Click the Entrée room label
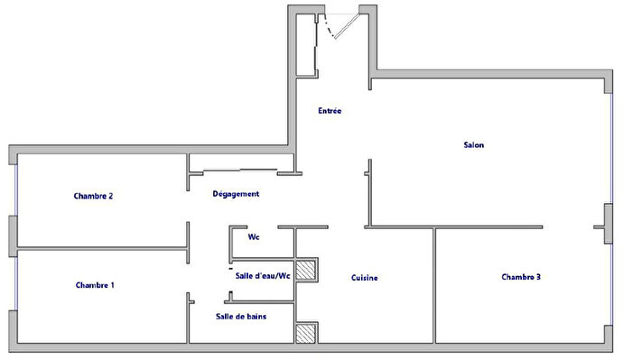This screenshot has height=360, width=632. [x=330, y=112]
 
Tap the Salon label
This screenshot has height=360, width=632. [x=474, y=144]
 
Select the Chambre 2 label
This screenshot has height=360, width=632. [x=94, y=196]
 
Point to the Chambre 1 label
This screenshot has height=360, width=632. [x=95, y=285]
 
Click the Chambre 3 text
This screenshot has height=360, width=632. [x=521, y=277]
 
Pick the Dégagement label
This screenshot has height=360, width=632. [x=236, y=194]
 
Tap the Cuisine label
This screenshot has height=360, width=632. [x=364, y=278]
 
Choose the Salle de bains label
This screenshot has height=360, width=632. [x=241, y=317]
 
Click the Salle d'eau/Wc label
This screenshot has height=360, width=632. [x=262, y=276]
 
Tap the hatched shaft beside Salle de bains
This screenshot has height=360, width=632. [x=307, y=333]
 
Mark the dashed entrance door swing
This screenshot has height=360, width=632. [x=336, y=27]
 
